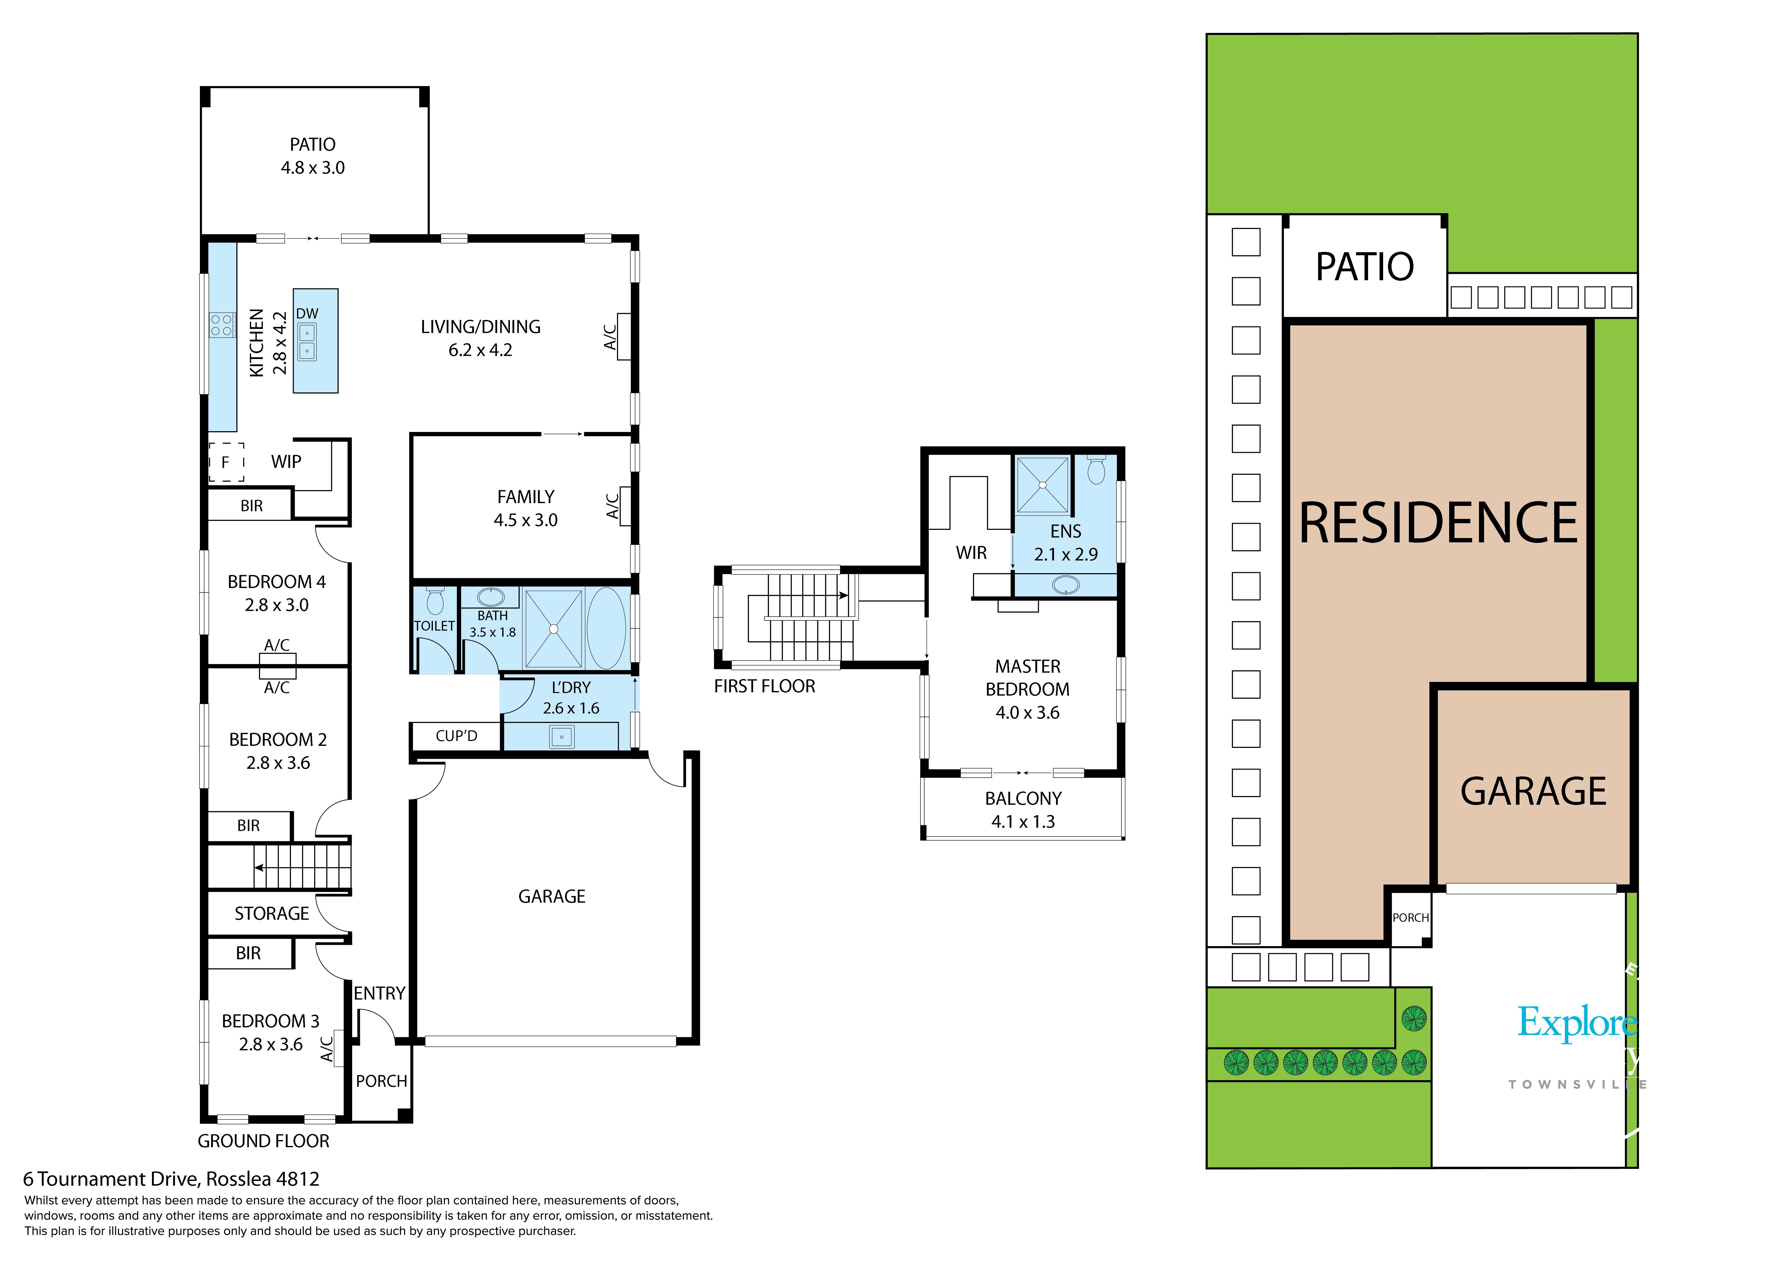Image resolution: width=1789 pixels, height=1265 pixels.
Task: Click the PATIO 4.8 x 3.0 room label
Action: click(313, 156)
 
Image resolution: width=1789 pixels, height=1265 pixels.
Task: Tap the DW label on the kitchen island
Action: click(307, 313)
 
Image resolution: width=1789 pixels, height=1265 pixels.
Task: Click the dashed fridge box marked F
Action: click(226, 462)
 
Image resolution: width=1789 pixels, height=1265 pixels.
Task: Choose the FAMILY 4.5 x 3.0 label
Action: click(526, 508)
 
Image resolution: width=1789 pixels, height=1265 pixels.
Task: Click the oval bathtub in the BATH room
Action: click(606, 628)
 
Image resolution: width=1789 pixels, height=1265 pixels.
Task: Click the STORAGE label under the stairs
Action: click(272, 913)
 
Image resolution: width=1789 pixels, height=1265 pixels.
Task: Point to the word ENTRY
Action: click(379, 994)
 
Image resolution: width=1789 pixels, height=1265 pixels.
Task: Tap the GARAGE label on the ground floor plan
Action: click(552, 896)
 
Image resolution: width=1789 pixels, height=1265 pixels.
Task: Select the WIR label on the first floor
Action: click(972, 553)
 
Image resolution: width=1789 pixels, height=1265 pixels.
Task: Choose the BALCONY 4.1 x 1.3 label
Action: click(1023, 810)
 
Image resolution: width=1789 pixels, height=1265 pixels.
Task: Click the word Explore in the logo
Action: click(1577, 1023)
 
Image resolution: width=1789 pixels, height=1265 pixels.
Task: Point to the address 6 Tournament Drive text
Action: click(171, 1179)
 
